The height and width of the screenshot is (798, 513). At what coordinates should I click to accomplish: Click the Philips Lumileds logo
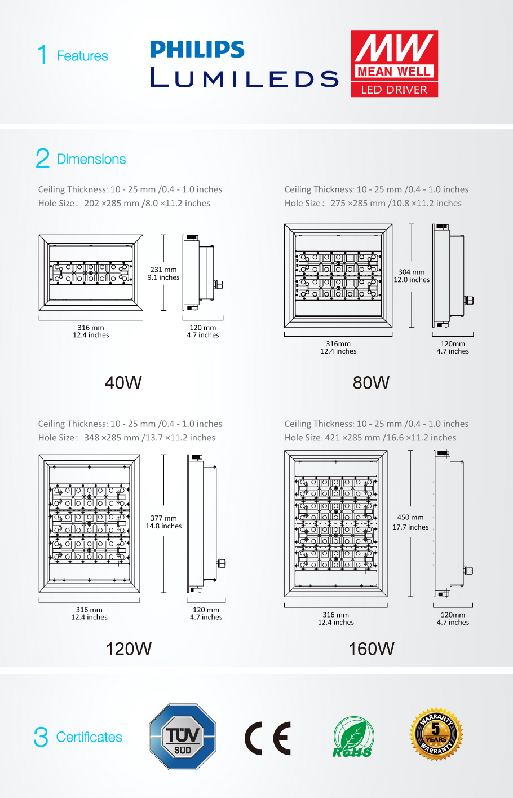[x=244, y=64]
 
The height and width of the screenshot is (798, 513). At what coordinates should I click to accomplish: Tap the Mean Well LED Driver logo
[x=394, y=64]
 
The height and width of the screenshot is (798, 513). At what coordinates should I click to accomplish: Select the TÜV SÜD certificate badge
[x=183, y=737]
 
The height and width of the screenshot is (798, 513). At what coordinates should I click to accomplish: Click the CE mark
[x=268, y=738]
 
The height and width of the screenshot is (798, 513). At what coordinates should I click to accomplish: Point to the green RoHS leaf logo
[x=352, y=737]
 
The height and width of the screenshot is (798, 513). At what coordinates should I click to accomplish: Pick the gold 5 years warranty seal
[x=436, y=734]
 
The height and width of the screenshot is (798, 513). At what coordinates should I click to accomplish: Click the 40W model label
[x=123, y=383]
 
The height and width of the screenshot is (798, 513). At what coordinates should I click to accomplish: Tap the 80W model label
[x=371, y=383]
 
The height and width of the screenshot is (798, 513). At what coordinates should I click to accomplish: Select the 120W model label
[x=129, y=649]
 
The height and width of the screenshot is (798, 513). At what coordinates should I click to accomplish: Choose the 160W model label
[x=372, y=649]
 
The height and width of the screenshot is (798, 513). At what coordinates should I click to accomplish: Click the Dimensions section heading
[x=91, y=159]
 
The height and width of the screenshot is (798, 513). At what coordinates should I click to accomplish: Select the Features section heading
[x=82, y=56]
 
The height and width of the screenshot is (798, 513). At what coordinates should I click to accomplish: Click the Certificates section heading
[x=89, y=737]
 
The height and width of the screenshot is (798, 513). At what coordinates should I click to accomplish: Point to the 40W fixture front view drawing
[x=91, y=272]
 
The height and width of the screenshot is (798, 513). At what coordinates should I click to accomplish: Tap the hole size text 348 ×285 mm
[x=111, y=438]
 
